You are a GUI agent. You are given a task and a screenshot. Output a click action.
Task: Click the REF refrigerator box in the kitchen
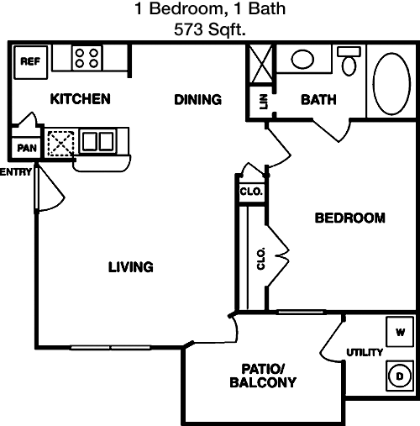(x=30, y=62)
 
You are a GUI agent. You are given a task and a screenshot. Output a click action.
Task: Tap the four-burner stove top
(x=87, y=58)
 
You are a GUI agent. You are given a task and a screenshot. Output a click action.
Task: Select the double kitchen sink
(x=98, y=141)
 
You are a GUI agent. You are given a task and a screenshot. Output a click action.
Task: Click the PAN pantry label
(x=27, y=148)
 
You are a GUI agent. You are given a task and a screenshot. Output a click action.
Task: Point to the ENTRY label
(x=16, y=172)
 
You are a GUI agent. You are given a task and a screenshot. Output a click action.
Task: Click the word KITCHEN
(x=81, y=99)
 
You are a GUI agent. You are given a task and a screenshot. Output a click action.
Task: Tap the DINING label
(x=198, y=99)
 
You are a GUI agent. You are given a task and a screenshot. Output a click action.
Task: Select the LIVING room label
(x=131, y=267)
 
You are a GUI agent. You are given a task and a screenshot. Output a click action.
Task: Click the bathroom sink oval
(x=302, y=59)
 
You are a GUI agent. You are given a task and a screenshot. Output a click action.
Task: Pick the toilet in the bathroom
(x=349, y=60)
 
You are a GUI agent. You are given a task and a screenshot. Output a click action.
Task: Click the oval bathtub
(x=391, y=84)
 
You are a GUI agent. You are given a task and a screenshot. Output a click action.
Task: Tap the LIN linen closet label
(x=264, y=102)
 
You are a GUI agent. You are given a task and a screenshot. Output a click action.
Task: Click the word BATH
(x=318, y=100)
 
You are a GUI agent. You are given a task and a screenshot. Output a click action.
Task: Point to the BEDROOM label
(x=350, y=218)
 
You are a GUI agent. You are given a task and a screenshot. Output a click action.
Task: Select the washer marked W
(x=400, y=332)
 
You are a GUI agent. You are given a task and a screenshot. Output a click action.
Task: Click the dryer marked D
(x=400, y=376)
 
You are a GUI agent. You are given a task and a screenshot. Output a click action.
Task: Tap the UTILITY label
(x=365, y=352)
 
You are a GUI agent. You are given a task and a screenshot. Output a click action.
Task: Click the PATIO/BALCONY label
(x=263, y=376)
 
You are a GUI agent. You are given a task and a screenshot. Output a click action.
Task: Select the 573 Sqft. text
(x=210, y=29)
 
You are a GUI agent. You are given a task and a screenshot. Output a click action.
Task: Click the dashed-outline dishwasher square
(x=60, y=144)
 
